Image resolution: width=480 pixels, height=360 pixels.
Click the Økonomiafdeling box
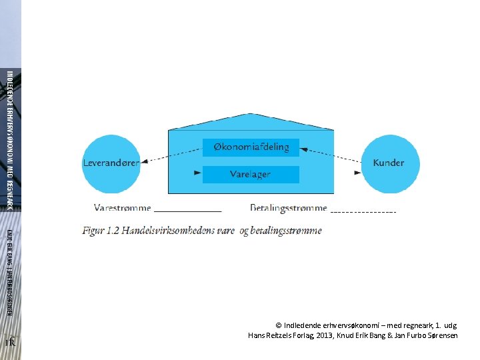pos(251,147)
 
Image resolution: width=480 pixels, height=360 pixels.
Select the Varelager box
pos(251,174)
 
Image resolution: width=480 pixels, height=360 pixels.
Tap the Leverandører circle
pos(111,163)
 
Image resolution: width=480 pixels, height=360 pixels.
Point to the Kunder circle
pos(388,163)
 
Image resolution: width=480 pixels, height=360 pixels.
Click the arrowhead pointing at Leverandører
pos(145,159)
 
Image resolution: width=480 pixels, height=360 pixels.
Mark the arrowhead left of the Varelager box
pos(197,173)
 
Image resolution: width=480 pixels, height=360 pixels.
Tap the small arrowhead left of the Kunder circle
pos(357,173)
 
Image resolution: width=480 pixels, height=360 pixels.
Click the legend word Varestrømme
pos(123,208)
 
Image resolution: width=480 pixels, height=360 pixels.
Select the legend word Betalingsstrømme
pos(289,208)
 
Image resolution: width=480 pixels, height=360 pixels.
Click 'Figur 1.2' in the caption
pos(100,231)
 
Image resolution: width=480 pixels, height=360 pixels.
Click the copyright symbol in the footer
pos(279,325)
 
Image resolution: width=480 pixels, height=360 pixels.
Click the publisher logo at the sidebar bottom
pos(10,341)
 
